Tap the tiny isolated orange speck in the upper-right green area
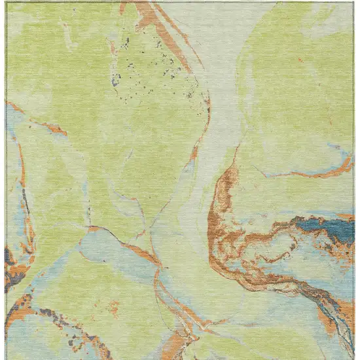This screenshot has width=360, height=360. click(x=300, y=60)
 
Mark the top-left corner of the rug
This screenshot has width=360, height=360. click(x=6, y=3)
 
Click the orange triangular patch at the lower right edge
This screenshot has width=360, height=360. click(x=327, y=321)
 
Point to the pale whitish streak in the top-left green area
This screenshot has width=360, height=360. click(x=69, y=36)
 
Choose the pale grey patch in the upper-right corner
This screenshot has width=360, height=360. click(x=331, y=20)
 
